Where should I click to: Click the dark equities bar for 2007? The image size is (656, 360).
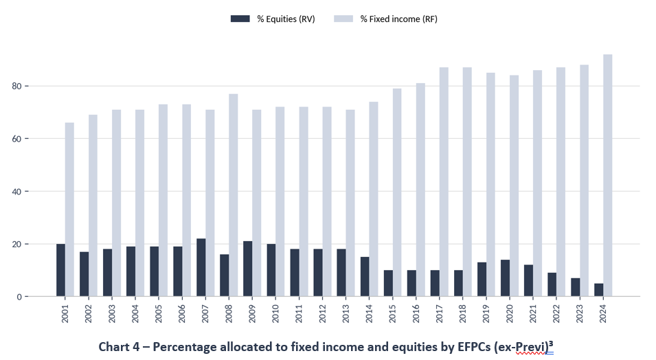click(201, 267)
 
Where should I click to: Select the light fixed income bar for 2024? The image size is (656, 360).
click(607, 175)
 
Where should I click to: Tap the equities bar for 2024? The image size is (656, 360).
click(599, 290)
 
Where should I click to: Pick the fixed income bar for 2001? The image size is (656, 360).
click(69, 210)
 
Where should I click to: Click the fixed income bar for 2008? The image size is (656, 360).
click(234, 195)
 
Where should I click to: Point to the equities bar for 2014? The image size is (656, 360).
click(365, 277)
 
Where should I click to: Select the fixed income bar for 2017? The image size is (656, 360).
click(444, 181)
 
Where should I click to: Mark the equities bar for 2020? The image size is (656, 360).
click(505, 278)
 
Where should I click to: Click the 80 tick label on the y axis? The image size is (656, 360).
click(16, 87)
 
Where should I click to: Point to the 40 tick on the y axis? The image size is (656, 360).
click(16, 191)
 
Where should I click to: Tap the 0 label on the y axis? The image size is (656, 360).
click(19, 297)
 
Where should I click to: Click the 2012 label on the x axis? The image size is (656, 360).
click(323, 313)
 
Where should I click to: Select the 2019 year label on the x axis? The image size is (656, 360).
click(486, 313)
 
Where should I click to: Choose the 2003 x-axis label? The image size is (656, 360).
click(112, 313)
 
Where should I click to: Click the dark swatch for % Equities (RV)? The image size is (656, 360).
click(240, 19)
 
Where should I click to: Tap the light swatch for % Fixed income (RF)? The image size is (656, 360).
click(343, 19)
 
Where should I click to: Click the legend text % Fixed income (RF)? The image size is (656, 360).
click(398, 19)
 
